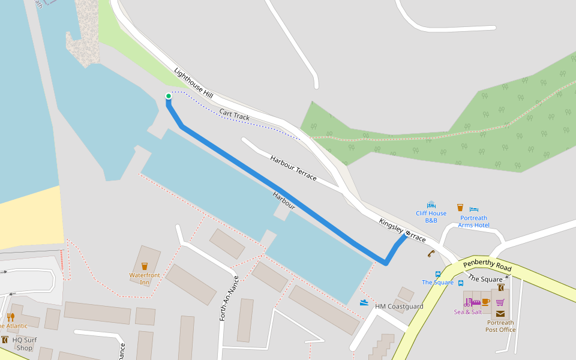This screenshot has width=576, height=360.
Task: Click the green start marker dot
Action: coord(169,96)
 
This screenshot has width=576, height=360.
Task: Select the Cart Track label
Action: coord(234,115)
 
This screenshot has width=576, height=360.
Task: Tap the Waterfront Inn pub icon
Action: coord(145,266)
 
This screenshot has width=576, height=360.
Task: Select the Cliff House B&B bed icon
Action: coord(431,205)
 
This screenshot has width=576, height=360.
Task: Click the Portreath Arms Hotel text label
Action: coord(473,221)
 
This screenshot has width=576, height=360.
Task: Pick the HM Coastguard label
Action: coord(399,307)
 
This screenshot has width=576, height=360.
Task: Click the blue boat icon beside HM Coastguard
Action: coord(364,302)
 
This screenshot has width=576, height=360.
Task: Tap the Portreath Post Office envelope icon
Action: coord(500,313)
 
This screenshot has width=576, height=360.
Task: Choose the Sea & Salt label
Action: coord(468,312)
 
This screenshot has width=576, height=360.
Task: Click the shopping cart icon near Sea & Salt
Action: coord(500,302)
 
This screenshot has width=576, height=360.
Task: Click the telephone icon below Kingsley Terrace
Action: coord(431,254)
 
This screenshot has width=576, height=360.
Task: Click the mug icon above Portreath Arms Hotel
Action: coord(460,208)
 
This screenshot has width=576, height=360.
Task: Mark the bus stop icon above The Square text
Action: coord(438,274)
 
